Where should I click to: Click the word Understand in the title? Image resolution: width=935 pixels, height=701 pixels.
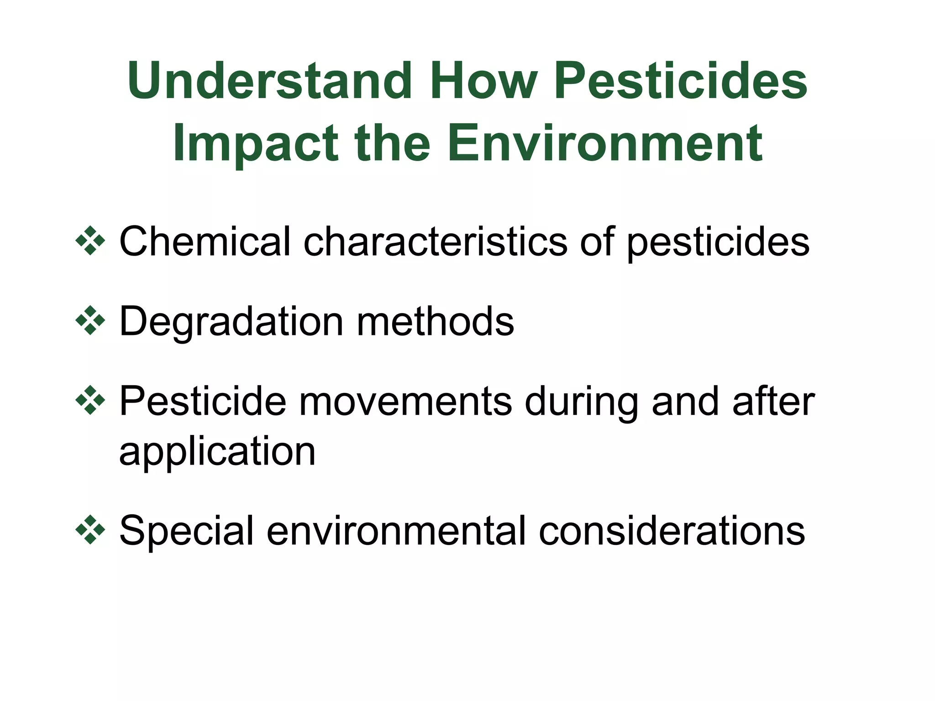(270, 82)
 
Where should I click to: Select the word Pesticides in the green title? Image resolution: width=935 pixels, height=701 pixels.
(681, 82)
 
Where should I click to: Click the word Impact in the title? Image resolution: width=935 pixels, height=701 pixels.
(256, 144)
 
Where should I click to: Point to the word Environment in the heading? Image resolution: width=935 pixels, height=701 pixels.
(604, 143)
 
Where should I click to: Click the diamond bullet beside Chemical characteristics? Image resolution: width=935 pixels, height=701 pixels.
(90, 241)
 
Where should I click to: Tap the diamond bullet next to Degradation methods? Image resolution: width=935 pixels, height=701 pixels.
(90, 320)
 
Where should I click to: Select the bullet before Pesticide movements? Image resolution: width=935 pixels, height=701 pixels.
(90, 400)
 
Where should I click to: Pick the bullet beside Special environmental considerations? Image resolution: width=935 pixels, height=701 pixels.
(90, 530)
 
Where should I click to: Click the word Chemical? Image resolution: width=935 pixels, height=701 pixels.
(205, 241)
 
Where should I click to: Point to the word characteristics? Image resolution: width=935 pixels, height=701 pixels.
(436, 241)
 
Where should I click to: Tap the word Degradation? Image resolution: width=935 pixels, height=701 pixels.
(231, 322)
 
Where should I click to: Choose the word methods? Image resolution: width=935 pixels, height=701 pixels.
(435, 321)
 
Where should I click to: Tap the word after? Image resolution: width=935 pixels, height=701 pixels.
(773, 402)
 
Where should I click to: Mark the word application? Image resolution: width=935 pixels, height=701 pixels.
(217, 452)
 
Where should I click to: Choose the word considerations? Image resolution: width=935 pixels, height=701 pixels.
(672, 531)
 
